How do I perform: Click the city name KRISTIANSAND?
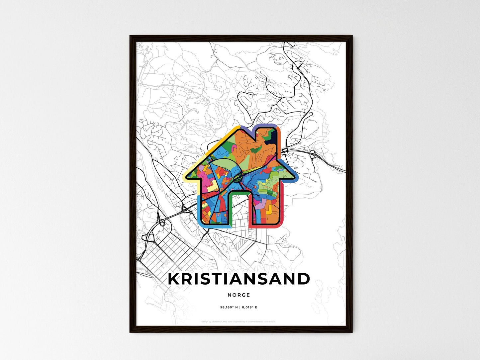239,279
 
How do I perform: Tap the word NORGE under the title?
239,295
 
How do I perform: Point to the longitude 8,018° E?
249,308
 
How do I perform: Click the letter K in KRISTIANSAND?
174,279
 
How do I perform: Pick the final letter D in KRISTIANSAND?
303,279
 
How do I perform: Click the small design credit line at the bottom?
239,321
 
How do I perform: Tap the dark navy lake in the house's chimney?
271,137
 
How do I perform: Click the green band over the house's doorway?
239,192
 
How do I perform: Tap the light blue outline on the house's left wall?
198,209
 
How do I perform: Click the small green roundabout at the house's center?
237,178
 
